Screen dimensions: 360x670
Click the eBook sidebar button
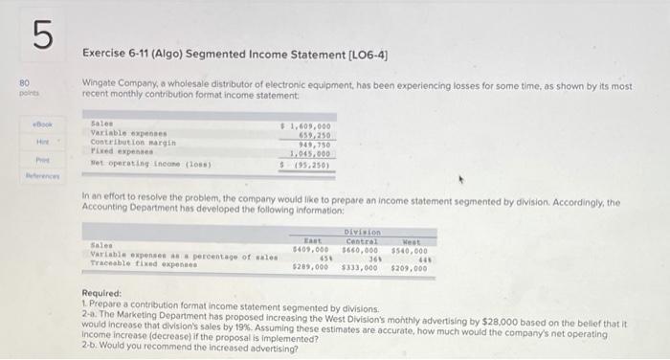(40, 124)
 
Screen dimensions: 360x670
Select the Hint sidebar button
(41, 142)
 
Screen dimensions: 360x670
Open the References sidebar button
(40, 177)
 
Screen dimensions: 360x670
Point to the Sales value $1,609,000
(308, 125)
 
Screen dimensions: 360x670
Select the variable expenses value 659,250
(314, 134)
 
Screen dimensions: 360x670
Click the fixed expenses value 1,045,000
(311, 152)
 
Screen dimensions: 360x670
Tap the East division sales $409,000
(309, 249)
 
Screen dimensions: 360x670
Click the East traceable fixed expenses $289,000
(309, 267)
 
